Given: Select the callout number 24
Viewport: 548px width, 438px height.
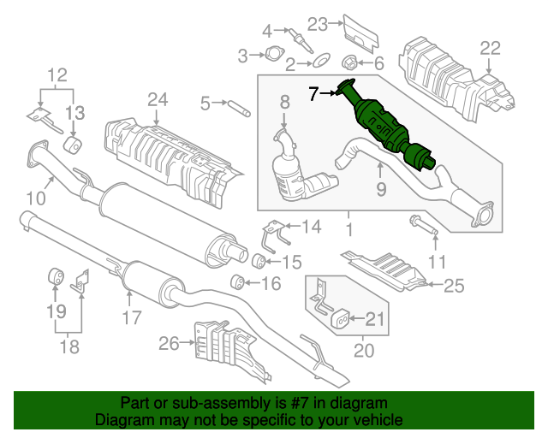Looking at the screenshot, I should [x=157, y=100].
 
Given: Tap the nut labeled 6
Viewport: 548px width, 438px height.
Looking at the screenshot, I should [x=349, y=62].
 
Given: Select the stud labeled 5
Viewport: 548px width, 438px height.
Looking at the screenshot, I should [x=237, y=105].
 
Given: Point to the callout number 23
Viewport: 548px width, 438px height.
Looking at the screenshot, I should [x=318, y=24].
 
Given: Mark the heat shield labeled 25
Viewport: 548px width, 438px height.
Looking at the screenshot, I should [x=385, y=268].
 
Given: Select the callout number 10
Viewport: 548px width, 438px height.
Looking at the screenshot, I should [x=35, y=198].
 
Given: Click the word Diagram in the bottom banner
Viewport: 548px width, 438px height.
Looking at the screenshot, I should [x=127, y=421].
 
